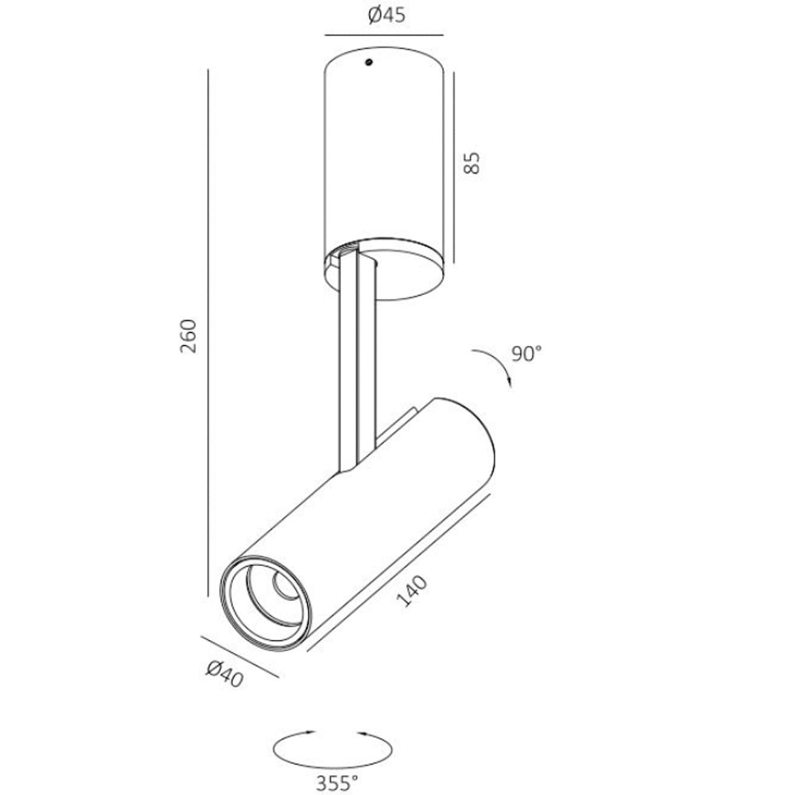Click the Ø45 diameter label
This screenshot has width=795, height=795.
pyautogui.click(x=386, y=16)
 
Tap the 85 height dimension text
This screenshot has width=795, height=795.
pyautogui.click(x=471, y=163)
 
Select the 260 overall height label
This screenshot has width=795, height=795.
pyautogui.click(x=188, y=336)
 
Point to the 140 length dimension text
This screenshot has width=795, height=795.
pyautogui.click(x=411, y=591)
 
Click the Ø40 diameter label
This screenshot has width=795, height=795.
pyautogui.click(x=225, y=674)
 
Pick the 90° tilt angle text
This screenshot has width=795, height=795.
pyautogui.click(x=526, y=354)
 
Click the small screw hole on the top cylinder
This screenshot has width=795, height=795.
pyautogui.click(x=369, y=62)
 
